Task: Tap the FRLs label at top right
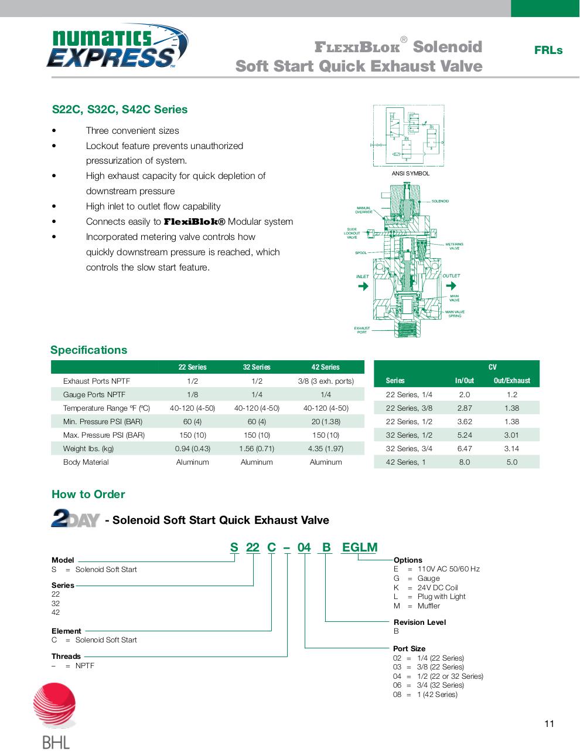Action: tap(548, 50)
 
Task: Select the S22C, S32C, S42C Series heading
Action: tap(120, 110)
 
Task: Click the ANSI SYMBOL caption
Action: tap(410, 174)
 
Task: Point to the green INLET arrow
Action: tap(363, 286)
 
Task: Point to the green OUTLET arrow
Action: tap(451, 286)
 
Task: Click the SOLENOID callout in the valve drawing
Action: tap(439, 201)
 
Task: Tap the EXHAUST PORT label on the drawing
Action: tap(361, 330)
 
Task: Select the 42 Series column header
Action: tap(325, 367)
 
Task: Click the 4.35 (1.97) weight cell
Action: tap(325, 449)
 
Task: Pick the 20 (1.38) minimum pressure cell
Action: tap(325, 422)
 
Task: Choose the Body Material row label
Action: tap(86, 462)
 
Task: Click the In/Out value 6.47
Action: tap(464, 449)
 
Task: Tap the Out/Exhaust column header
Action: tap(511, 381)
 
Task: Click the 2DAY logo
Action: tap(75, 519)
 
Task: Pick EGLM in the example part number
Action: tap(359, 547)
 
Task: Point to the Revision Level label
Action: tap(419, 623)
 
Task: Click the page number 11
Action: tap(549, 723)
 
